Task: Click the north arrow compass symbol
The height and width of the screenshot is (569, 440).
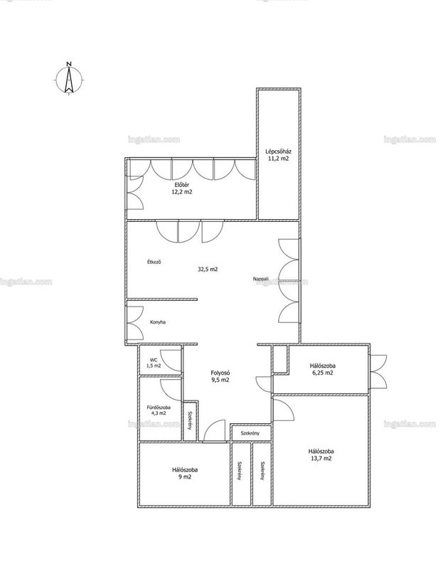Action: point(69,79)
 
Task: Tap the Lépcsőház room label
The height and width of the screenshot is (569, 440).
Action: point(278,151)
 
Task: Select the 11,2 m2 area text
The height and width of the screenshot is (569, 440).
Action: point(278,159)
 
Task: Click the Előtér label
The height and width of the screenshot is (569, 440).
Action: point(182,185)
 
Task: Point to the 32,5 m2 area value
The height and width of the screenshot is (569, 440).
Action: point(208,269)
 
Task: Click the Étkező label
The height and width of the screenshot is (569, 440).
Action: point(154,262)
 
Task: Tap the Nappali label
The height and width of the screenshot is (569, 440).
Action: point(261,279)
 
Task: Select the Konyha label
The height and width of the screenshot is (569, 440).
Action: point(158,322)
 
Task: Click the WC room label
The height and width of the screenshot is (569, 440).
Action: point(154,360)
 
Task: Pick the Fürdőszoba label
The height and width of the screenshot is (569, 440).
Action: point(159,407)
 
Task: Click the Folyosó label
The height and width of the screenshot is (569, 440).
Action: point(220,373)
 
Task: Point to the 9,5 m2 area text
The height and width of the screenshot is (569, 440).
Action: point(220,381)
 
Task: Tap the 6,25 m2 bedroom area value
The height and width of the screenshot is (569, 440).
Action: point(323,373)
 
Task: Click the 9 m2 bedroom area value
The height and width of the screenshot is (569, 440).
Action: point(185,477)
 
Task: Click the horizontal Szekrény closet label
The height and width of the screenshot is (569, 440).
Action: point(250,433)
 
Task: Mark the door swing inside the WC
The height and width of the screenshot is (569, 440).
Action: point(171,361)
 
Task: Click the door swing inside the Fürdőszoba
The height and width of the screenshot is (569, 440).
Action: point(171,390)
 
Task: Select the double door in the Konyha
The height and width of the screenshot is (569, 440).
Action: point(135,323)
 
